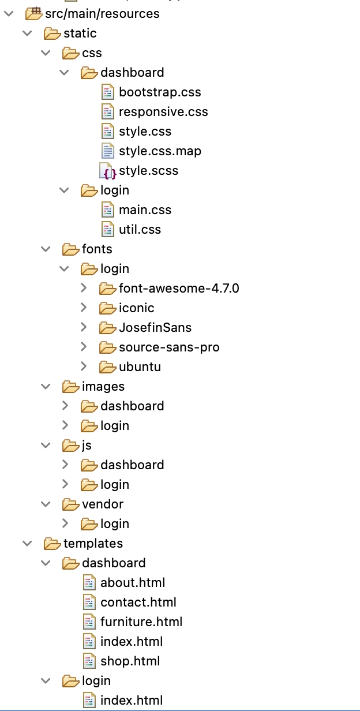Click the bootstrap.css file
[160, 92]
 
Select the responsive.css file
[163, 112]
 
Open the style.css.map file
[160, 151]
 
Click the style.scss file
[148, 171]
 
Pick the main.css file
[145, 210]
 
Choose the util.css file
[140, 230]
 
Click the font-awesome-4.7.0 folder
[179, 289]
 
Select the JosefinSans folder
[155, 328]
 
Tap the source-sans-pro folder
[169, 347]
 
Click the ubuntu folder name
[140, 367]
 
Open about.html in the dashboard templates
[133, 583]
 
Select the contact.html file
[138, 603]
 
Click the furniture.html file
[141, 622]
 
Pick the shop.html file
[130, 661]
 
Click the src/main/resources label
[102, 14]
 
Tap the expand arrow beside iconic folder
[84, 308]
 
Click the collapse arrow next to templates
[27, 543]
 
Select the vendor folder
[103, 504]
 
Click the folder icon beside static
[52, 33]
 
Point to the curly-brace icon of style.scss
[109, 171]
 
